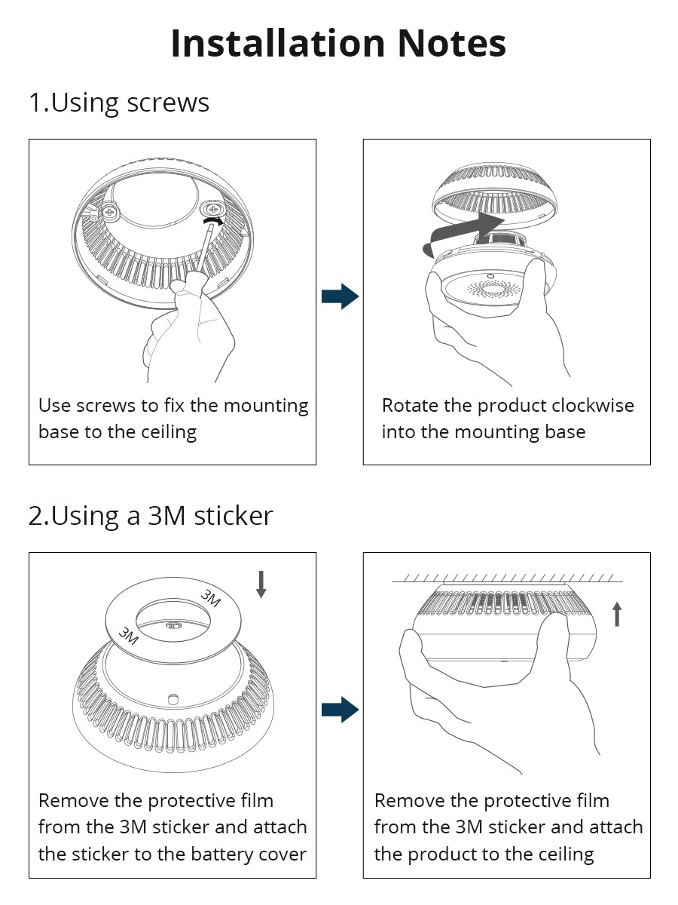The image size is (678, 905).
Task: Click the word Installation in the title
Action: pos(278,43)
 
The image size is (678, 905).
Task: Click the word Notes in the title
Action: pos(451,43)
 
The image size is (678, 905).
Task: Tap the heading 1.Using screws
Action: pos(119,103)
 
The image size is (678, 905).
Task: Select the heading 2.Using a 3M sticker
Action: pos(151,516)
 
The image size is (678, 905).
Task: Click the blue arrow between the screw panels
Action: pos(340,296)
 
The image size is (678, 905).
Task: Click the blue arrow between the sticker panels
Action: pos(340,710)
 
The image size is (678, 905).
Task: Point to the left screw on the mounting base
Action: pos(110,213)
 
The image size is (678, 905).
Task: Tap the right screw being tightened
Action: pos(214,207)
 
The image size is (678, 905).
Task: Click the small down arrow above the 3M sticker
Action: pos(261,584)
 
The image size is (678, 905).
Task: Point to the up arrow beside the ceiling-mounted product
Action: pos(617,615)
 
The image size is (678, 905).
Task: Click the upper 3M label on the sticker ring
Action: pos(211,598)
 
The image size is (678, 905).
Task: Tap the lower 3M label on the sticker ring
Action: pos(129,636)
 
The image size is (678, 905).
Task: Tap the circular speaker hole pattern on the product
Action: pos(493,289)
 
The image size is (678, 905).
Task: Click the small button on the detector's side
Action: pos(173,699)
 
